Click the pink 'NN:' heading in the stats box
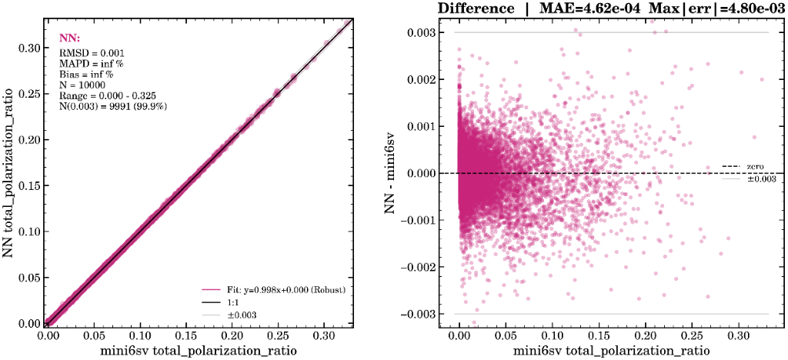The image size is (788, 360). click(68, 37)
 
